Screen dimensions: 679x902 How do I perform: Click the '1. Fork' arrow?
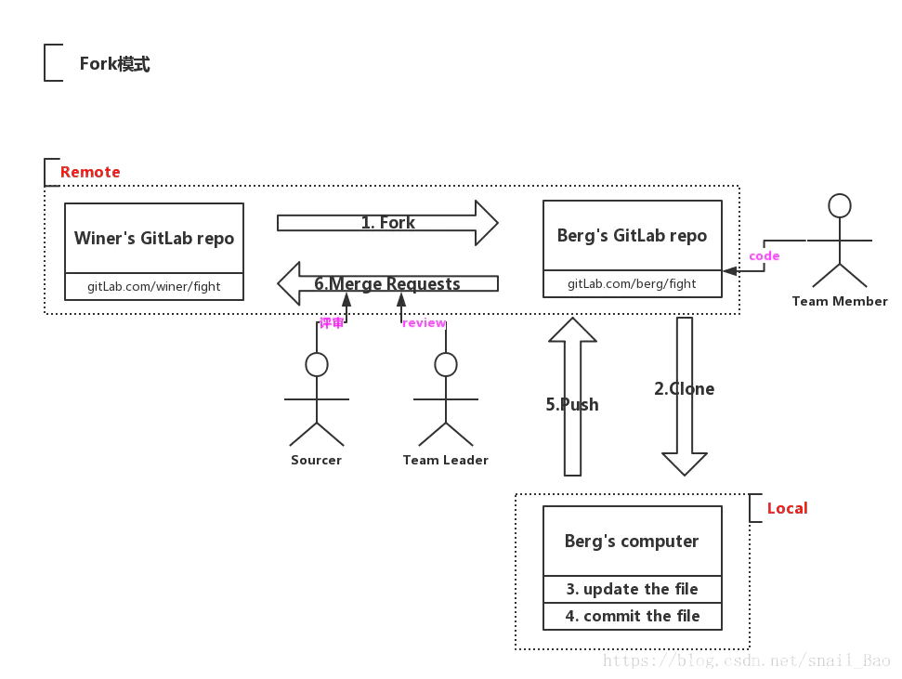(x=387, y=223)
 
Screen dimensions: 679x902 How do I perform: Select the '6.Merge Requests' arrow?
(x=387, y=283)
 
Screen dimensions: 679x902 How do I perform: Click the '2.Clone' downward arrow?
(x=685, y=395)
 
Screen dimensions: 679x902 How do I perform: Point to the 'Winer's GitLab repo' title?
(x=154, y=239)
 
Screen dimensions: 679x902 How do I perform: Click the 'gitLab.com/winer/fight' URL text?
(x=154, y=286)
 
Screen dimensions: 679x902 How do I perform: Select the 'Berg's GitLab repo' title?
(x=632, y=236)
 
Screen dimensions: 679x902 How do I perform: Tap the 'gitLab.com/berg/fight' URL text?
(x=632, y=283)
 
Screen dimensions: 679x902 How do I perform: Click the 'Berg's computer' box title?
(x=632, y=542)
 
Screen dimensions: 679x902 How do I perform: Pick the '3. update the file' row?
(x=632, y=589)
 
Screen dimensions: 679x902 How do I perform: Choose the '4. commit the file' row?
(x=632, y=616)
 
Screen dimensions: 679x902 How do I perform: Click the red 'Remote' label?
(x=90, y=172)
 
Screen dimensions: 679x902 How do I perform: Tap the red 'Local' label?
(x=787, y=508)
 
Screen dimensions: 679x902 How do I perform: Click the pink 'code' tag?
(x=765, y=256)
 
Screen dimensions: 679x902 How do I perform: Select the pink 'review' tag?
(x=424, y=323)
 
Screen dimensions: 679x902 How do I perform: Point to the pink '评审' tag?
(x=332, y=323)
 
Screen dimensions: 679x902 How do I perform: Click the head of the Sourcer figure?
(x=317, y=364)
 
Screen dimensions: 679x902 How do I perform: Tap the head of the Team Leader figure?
(x=446, y=364)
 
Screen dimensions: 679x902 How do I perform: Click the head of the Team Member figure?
(x=840, y=205)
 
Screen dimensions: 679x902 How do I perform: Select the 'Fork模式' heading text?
(x=114, y=64)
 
